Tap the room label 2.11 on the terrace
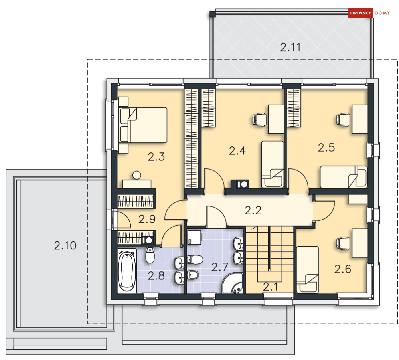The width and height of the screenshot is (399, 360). (x=290, y=47)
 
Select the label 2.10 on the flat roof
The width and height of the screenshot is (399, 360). (x=65, y=245)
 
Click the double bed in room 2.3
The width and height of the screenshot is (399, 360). (x=143, y=125)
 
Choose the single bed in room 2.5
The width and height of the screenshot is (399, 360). (x=343, y=177)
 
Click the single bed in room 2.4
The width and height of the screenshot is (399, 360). (x=273, y=164)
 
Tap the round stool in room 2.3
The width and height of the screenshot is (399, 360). (x=137, y=175)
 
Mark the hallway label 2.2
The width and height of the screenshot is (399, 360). (x=253, y=210)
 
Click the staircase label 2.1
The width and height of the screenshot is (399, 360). (x=272, y=287)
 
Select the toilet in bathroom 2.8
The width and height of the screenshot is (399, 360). (x=150, y=255)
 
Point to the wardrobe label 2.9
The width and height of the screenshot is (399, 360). (x=147, y=219)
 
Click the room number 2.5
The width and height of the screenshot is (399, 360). (x=326, y=148)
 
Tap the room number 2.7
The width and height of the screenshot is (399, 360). (x=220, y=267)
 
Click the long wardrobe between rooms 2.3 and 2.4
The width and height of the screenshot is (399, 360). (x=192, y=138)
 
